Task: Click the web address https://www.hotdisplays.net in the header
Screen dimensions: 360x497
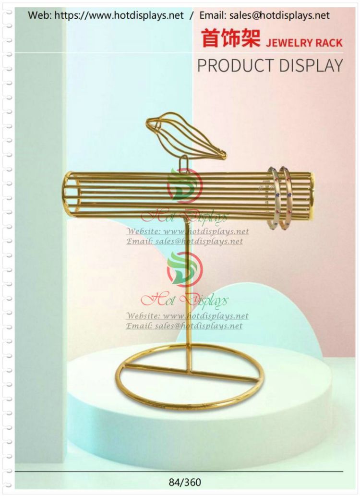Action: (119, 15)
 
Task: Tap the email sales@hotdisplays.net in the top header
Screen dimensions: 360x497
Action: (279, 15)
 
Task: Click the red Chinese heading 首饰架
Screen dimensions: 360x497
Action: (231, 38)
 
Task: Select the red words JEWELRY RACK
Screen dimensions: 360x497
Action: (304, 43)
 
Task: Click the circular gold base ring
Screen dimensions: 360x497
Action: (190, 377)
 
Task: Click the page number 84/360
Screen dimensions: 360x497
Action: (185, 483)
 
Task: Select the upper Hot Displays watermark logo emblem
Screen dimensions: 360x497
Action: (184, 186)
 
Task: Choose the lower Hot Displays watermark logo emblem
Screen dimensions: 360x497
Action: (184, 269)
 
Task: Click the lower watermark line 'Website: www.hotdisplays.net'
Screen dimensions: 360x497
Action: (188, 315)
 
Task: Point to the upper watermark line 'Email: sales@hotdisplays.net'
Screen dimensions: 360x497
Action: (184, 241)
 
